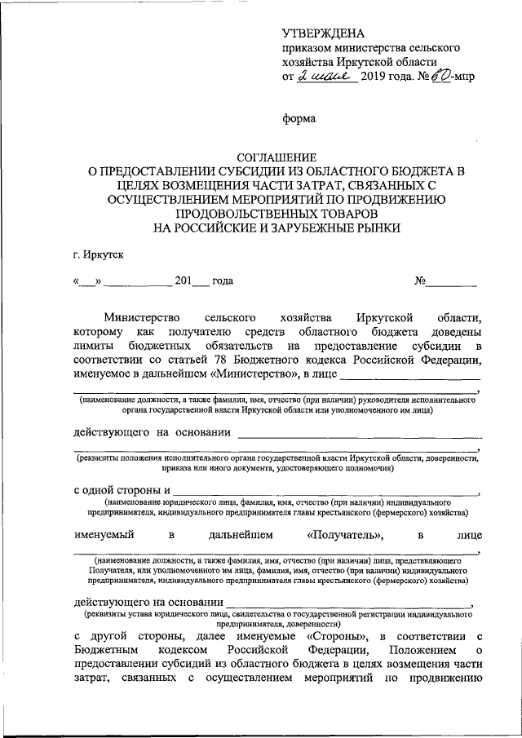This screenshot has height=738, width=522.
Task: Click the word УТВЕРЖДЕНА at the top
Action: [323, 33]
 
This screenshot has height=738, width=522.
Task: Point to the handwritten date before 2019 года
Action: [325, 77]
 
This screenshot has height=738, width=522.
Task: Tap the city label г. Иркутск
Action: [98, 256]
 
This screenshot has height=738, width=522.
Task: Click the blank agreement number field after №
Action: [453, 282]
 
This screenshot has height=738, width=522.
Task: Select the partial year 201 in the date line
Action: [183, 281]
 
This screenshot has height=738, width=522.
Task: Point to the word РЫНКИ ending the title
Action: [377, 228]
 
